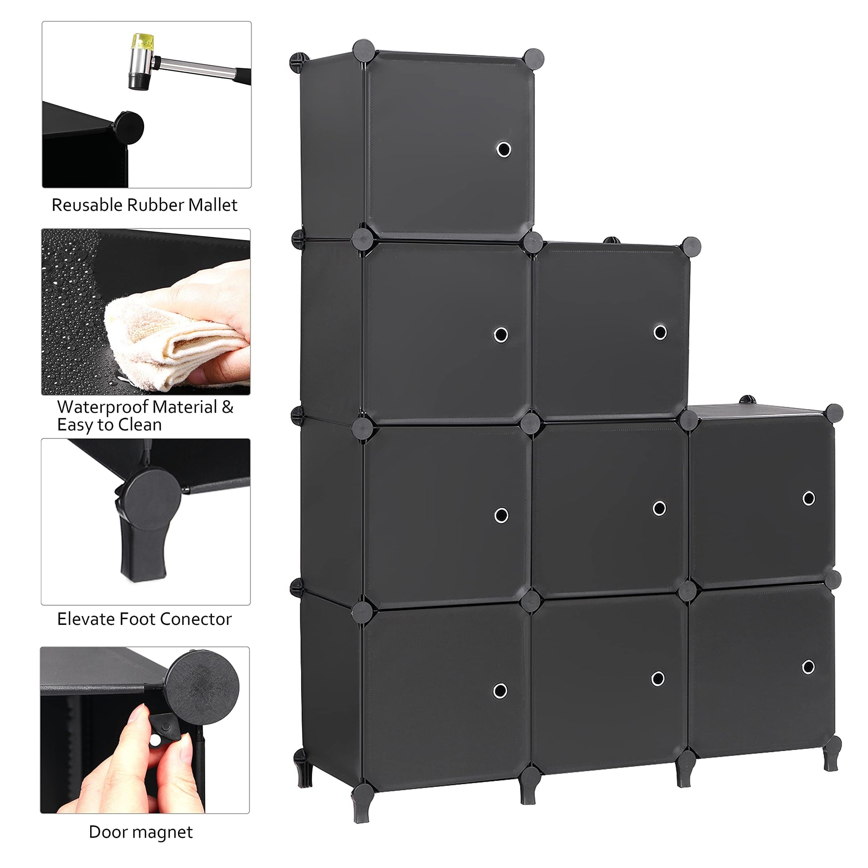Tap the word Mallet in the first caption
pos(212,205)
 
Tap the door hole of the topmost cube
pos(504,149)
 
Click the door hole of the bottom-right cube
pos(808,680)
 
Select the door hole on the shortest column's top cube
pos(809,498)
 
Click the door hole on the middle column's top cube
pos(660,332)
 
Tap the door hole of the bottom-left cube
pos(500,690)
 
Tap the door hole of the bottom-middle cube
pos(658,678)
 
